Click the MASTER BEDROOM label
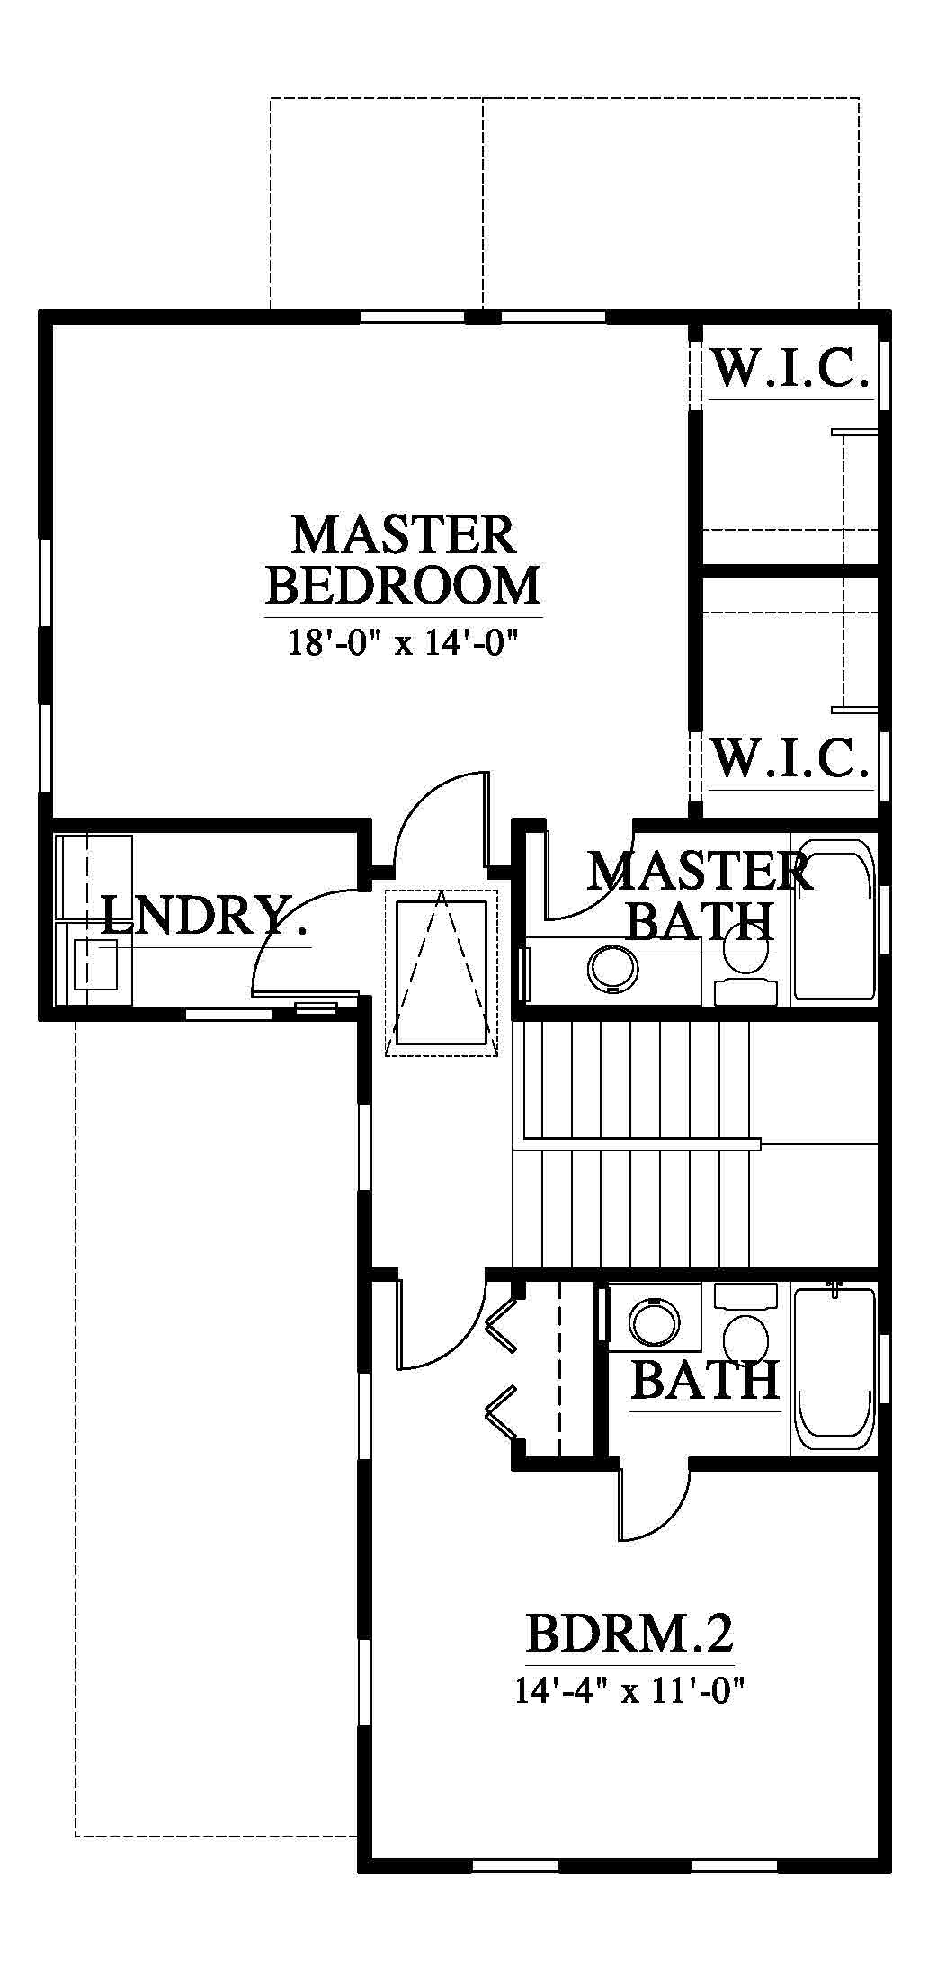click(404, 560)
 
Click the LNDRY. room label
click(204, 916)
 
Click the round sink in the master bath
click(612, 968)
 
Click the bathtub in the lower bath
click(834, 1367)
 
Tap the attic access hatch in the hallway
click(441, 972)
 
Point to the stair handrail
click(637, 1144)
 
